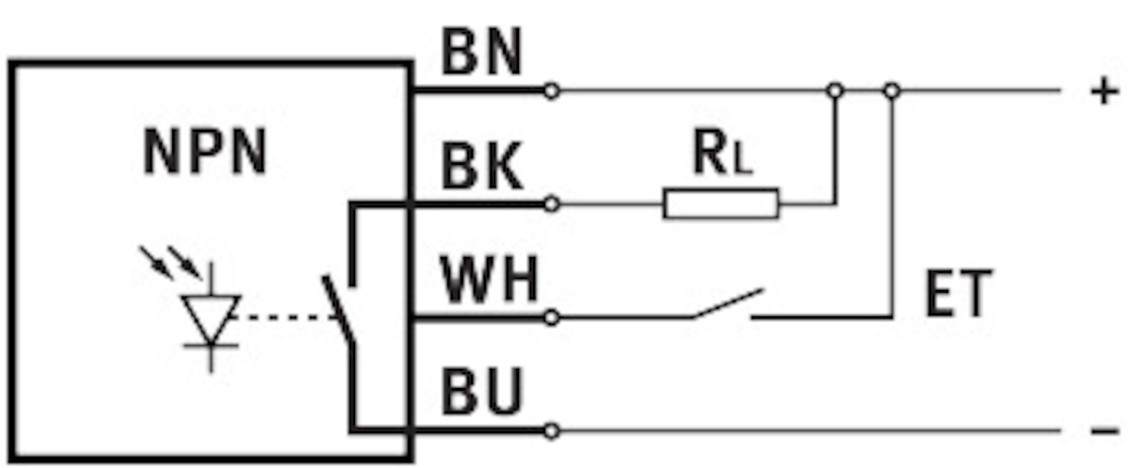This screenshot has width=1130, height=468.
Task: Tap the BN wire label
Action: (481, 55)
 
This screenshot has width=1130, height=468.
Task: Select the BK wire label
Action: (481, 168)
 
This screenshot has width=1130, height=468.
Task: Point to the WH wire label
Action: (491, 280)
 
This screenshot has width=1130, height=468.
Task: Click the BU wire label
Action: (481, 394)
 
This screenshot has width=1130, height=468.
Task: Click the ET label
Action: (958, 295)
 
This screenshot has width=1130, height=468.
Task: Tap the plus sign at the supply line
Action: (1103, 92)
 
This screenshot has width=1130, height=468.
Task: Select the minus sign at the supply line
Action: (1104, 431)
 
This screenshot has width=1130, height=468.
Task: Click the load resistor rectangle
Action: (721, 203)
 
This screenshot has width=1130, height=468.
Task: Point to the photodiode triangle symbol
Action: (211, 313)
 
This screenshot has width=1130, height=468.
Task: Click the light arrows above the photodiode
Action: (169, 263)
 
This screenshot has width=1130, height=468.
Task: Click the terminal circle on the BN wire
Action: (552, 91)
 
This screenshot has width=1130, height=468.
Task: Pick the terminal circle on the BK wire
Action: (552, 203)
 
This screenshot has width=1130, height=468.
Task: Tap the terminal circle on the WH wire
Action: (552, 318)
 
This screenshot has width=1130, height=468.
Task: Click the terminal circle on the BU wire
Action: (552, 431)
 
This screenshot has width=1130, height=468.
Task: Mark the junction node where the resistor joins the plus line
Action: (833, 91)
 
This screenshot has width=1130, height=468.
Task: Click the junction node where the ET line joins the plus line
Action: (892, 91)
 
